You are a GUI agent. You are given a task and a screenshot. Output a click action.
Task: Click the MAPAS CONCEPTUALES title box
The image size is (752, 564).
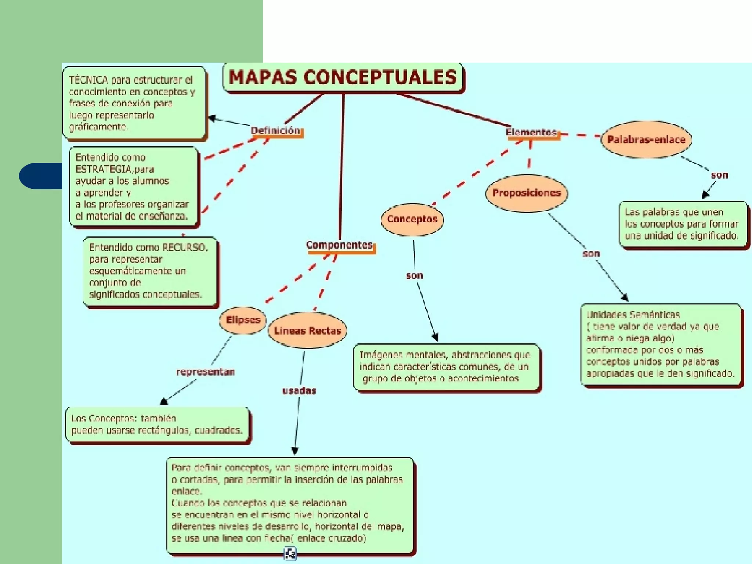343,77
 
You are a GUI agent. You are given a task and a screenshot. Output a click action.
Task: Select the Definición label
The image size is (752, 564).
275,131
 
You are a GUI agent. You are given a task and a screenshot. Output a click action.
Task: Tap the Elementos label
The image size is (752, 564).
531,132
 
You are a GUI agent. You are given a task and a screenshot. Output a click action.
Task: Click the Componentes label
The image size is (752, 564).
339,245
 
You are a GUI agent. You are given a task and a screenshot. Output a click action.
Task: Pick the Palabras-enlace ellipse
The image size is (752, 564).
646,140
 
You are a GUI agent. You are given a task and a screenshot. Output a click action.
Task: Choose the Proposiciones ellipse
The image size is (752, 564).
527,193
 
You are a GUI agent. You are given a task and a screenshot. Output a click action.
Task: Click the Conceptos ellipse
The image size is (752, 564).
412,219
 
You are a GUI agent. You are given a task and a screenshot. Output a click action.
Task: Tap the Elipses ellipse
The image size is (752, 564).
243,320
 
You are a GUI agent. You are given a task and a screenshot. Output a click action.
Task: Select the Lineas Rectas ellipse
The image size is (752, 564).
307,331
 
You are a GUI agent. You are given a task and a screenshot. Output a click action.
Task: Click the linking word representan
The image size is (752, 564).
206,372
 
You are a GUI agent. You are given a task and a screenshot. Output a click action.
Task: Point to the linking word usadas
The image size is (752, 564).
299,391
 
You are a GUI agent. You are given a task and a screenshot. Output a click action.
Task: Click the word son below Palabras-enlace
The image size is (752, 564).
719,176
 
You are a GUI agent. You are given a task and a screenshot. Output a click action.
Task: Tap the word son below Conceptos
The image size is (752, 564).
415,275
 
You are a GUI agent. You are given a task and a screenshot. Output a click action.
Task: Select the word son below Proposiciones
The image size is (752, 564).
591,253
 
